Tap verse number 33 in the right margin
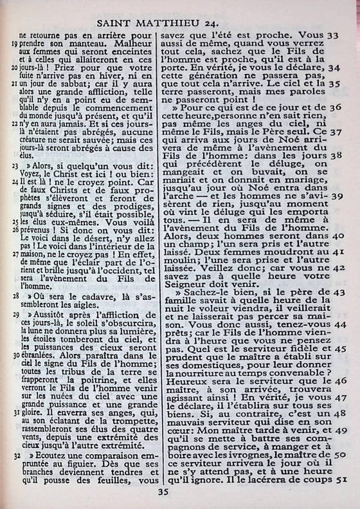pos(334,36)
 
